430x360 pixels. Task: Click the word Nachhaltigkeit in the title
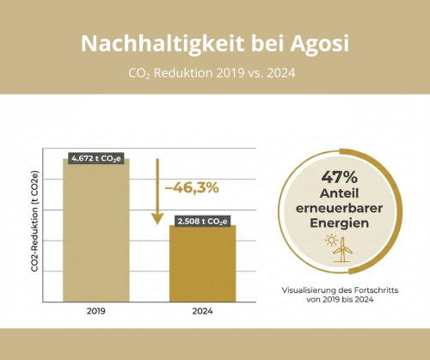163,44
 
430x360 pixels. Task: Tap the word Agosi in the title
320,44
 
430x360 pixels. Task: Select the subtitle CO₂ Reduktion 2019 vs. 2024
212,73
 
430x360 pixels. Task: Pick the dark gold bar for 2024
203,264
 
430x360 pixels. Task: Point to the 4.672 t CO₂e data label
96,158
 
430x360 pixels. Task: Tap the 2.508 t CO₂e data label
203,222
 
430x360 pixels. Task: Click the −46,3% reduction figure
192,188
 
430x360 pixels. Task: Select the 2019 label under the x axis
96,311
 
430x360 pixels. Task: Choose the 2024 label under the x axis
203,311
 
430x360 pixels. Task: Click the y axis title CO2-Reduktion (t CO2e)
34,222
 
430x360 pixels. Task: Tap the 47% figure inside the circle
340,177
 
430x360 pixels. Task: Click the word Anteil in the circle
340,193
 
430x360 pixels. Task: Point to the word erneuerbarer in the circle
340,208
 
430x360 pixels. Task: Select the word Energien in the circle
340,223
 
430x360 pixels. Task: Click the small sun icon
332,240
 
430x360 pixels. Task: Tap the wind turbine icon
342,249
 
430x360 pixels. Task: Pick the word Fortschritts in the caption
376,290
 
